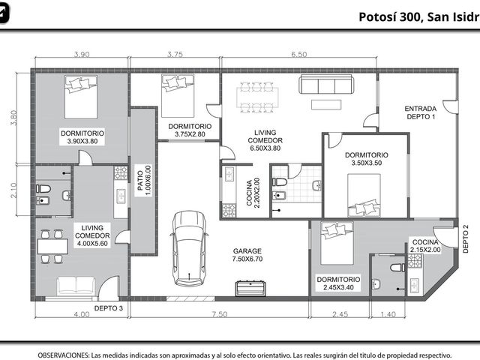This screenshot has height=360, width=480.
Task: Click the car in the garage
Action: (189, 248)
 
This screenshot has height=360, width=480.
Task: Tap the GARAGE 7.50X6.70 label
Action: (247, 255)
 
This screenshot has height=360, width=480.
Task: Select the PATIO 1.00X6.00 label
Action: (144, 181)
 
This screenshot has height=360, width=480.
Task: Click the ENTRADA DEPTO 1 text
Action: (420, 112)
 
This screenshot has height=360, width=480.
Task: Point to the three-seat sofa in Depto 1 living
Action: (326, 84)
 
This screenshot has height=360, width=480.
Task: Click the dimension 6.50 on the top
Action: (298, 55)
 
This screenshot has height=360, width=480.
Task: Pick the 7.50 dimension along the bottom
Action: (220, 314)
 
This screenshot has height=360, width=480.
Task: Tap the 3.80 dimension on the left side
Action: (13, 118)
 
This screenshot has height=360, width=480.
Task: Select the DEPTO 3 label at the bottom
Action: (108, 308)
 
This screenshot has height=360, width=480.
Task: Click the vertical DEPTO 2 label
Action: (466, 239)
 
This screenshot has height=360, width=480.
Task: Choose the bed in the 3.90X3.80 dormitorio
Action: (81, 97)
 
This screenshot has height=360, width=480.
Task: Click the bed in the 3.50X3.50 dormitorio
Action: (364, 195)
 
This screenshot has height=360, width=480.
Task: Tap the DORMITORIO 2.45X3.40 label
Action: (338, 283)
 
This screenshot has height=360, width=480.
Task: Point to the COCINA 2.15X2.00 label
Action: (425, 246)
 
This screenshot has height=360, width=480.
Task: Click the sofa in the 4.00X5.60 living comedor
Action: (76, 286)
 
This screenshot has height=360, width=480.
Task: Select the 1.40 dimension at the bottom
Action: (388, 314)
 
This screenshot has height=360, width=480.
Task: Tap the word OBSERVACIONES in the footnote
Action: (64, 355)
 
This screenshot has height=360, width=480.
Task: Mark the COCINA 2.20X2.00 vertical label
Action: (253, 193)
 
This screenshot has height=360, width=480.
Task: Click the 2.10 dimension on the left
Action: (13, 190)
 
